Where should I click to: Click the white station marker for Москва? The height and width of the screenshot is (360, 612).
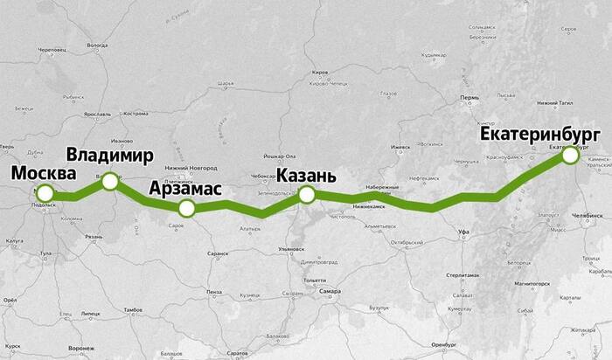45,193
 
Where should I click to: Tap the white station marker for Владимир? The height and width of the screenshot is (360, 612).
110,180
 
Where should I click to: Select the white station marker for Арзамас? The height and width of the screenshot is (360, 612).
186,208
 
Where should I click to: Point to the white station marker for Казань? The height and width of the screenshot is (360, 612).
306,194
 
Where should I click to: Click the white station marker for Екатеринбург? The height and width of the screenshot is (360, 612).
570,156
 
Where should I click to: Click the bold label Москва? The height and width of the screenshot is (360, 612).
44,172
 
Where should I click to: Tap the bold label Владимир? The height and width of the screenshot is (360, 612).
110,156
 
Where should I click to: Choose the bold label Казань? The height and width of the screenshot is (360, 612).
306,175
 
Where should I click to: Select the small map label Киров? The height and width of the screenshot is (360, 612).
320,72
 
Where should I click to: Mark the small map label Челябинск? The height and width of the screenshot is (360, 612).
587,214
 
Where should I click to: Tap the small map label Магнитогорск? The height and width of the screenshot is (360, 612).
532,284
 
